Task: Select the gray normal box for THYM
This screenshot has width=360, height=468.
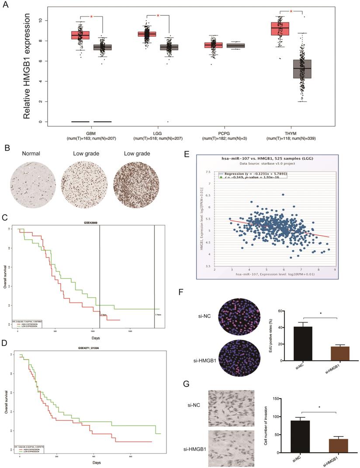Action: point(302,69)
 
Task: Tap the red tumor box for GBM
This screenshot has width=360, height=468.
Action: point(80,35)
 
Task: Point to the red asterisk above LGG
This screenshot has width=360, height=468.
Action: point(158,16)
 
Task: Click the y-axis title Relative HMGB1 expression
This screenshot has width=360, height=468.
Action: point(27,66)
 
